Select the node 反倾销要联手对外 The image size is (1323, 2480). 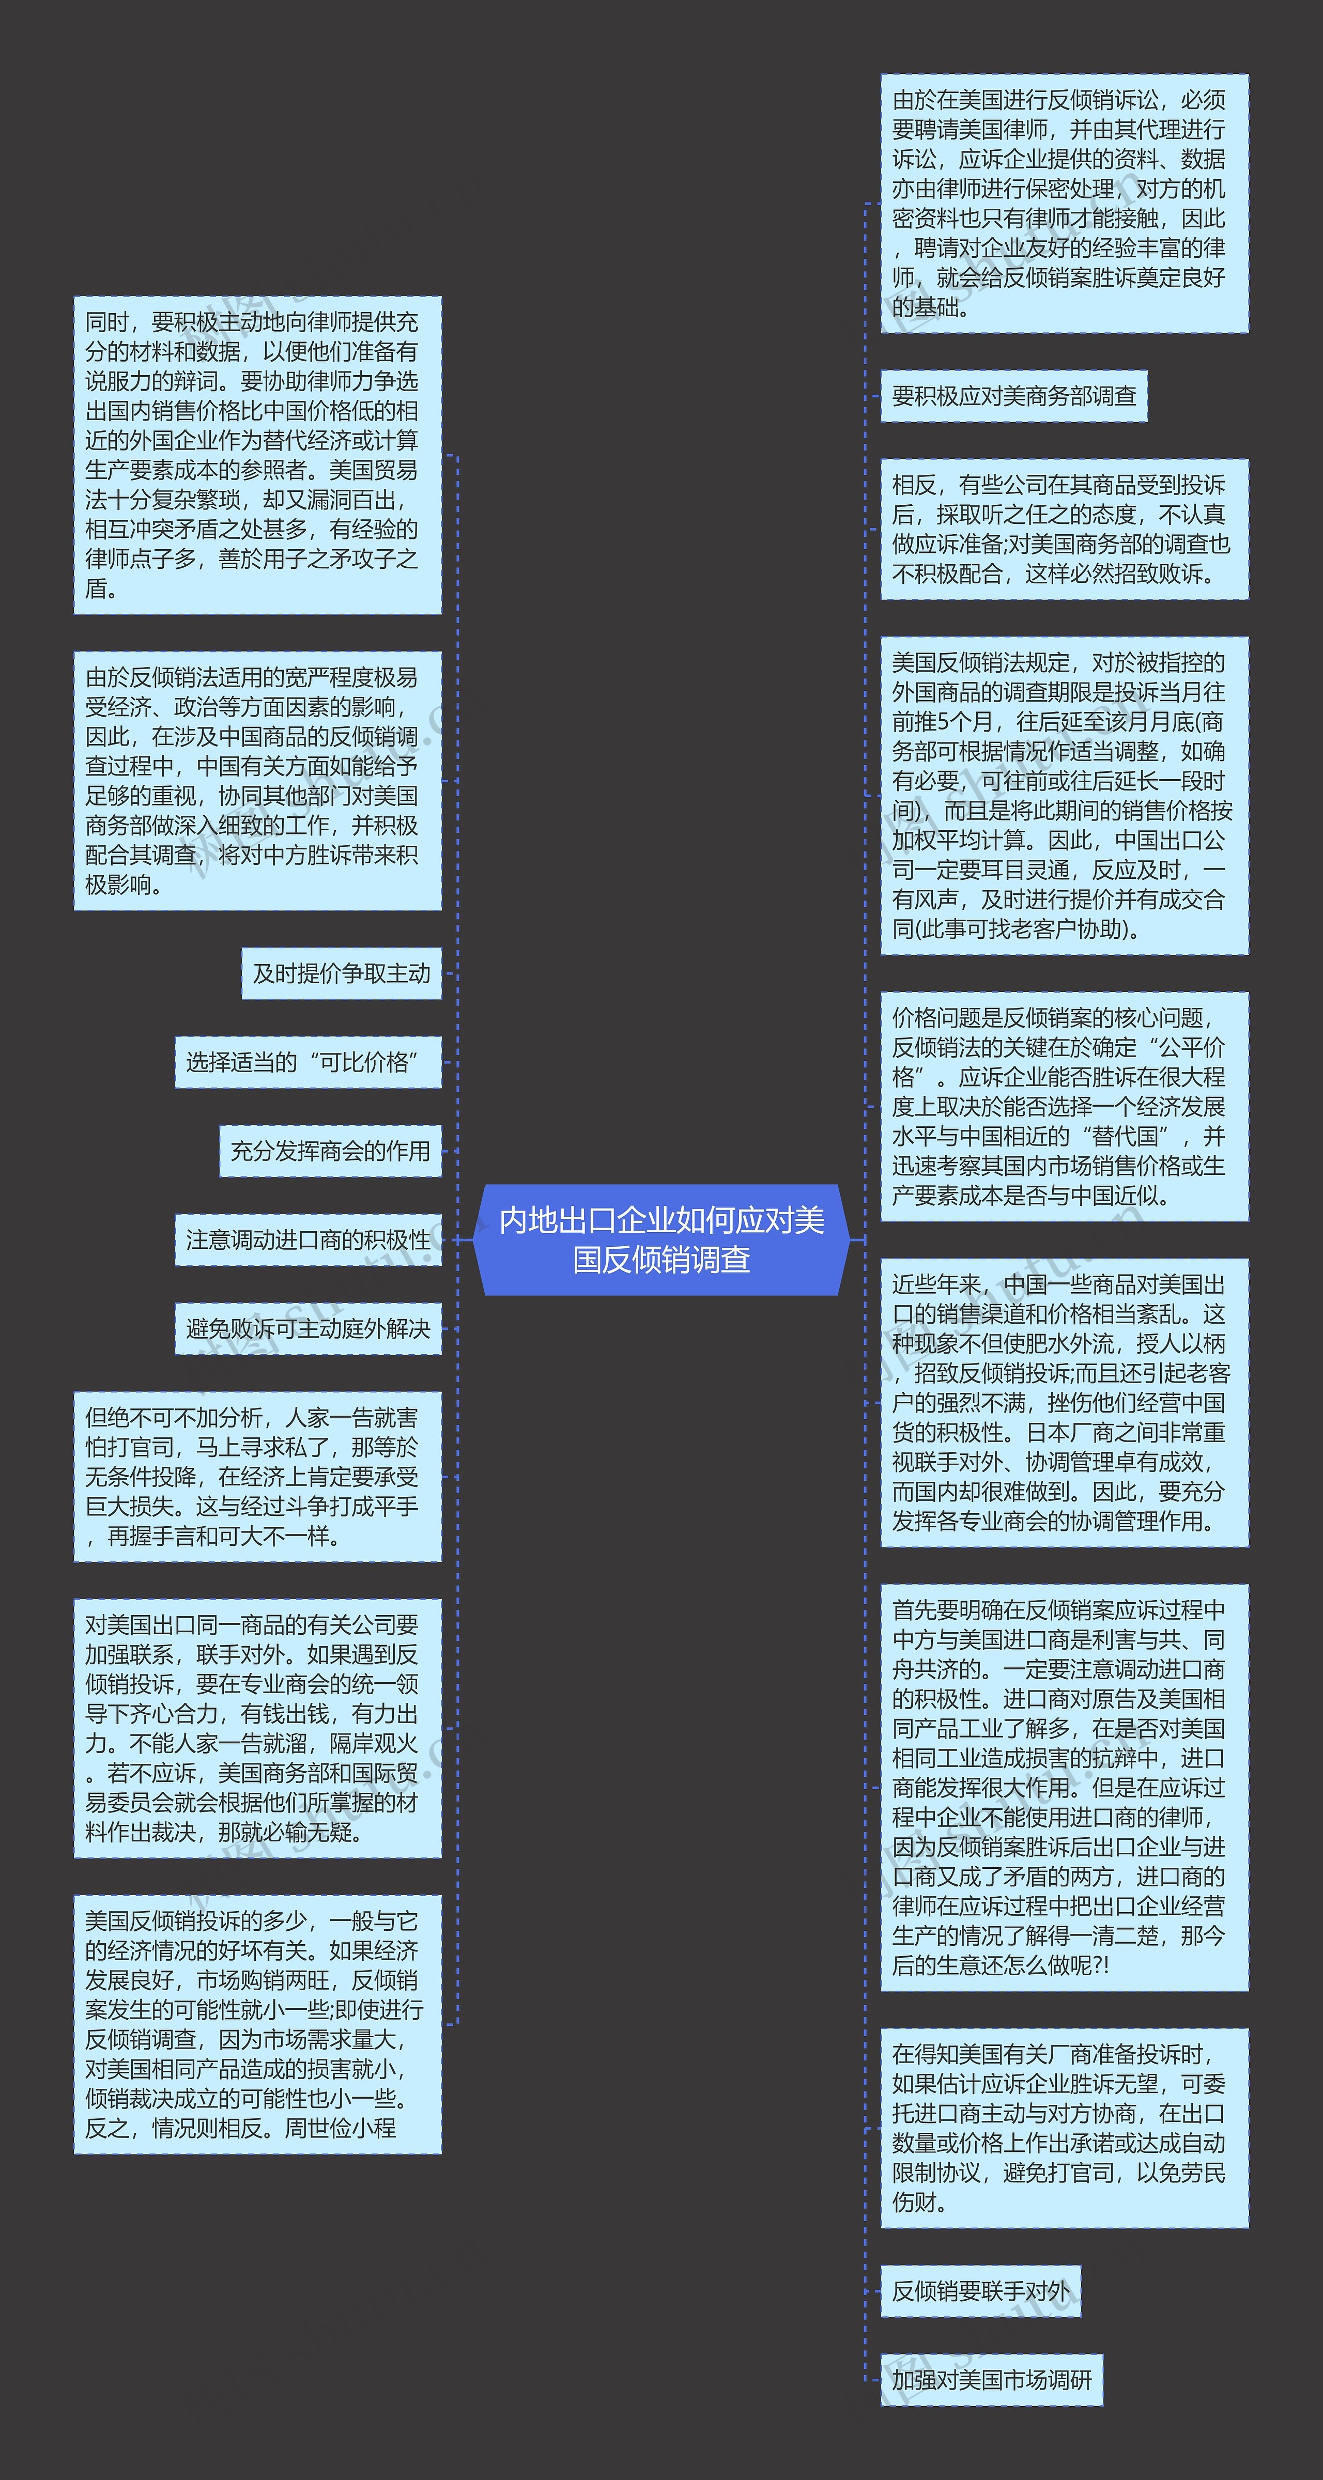(980, 2291)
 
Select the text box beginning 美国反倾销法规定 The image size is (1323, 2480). (1064, 795)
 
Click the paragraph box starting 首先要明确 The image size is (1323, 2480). (1064, 1787)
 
